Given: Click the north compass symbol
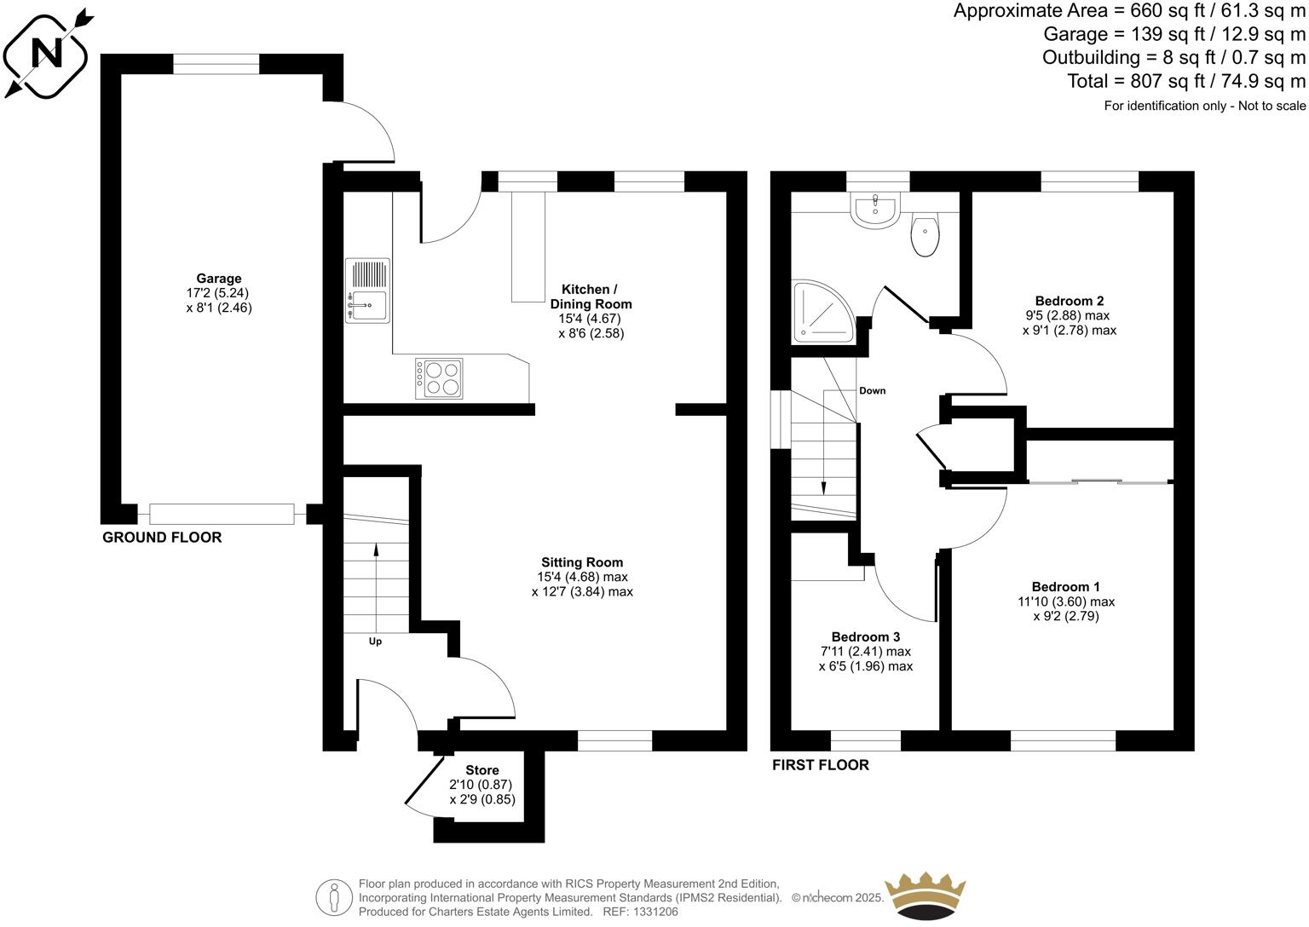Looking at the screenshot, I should [x=47, y=52].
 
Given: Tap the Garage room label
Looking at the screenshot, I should [x=219, y=279].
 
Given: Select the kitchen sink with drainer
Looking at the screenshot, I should [x=368, y=290].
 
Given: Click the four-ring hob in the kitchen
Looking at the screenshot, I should [x=439, y=378].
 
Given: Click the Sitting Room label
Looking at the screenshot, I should [x=582, y=562].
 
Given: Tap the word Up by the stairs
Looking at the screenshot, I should [x=375, y=642].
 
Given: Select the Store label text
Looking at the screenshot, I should [x=482, y=770].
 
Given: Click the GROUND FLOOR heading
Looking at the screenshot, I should [x=162, y=538].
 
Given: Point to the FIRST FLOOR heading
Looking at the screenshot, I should [x=821, y=765].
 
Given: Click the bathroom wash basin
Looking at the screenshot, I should [x=875, y=210].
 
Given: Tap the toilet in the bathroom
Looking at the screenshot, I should [x=925, y=236].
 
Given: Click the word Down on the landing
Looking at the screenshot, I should [x=872, y=391].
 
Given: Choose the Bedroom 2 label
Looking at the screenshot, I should [x=1070, y=301].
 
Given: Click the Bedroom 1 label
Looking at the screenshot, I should [x=1065, y=586].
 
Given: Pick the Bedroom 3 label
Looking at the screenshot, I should [x=865, y=636].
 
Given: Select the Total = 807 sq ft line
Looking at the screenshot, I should [x=1186, y=82].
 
